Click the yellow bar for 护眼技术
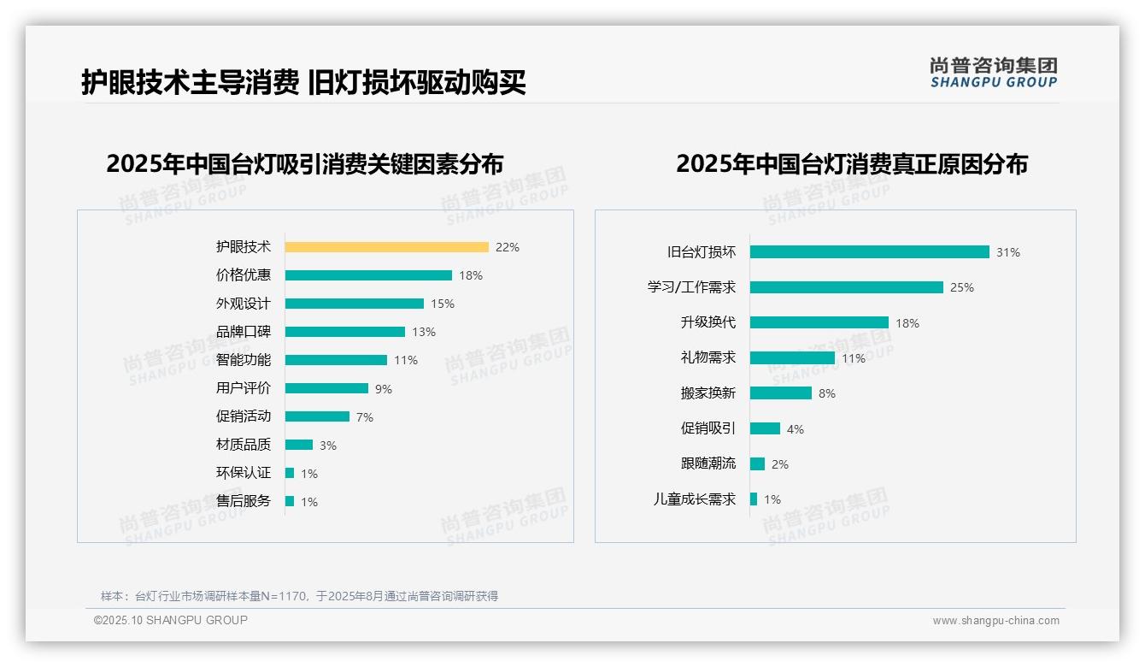[x=386, y=247]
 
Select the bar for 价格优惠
[x=368, y=275]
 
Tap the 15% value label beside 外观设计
[x=443, y=304]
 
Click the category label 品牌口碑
[x=244, y=331]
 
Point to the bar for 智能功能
[x=336, y=360]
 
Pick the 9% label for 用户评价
[x=384, y=389]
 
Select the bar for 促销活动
[x=317, y=416]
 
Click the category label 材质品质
[x=244, y=444]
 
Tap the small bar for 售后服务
[x=290, y=501]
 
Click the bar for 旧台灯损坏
[x=869, y=252]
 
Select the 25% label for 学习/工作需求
[x=962, y=287]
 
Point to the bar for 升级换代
[x=819, y=322]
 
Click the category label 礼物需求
[x=708, y=357]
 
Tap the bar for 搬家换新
[x=780, y=393]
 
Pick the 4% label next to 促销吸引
[x=796, y=429]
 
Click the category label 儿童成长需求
[x=695, y=499]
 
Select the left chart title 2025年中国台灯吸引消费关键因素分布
[x=305, y=163]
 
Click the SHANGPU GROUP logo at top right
[x=994, y=73]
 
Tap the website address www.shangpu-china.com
[x=995, y=621]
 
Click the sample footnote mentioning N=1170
[x=299, y=596]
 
